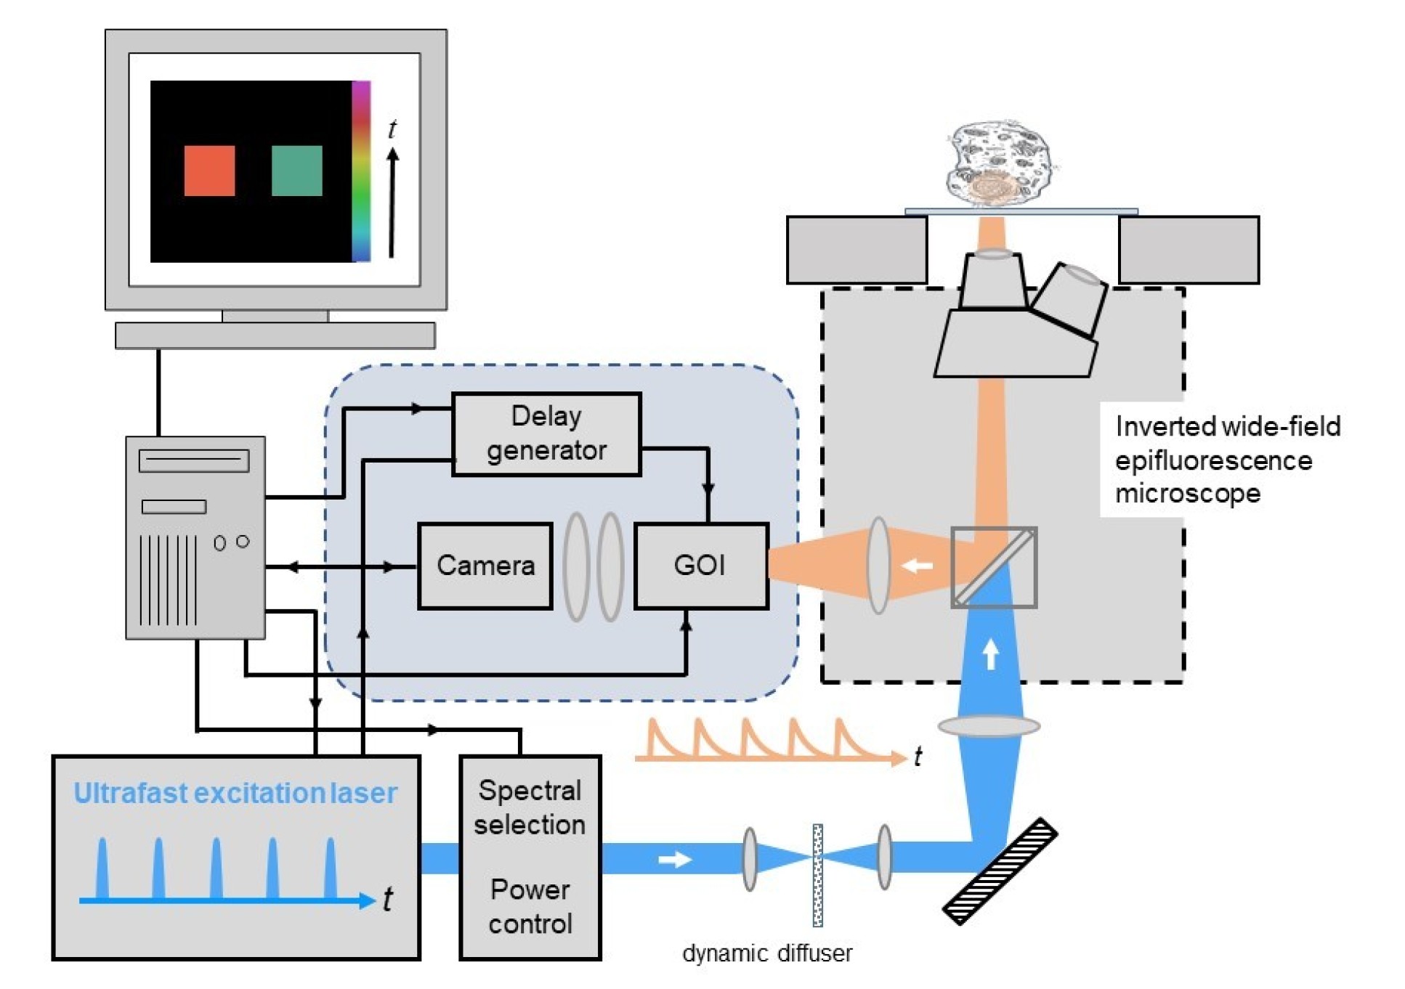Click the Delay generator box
[x=546, y=434]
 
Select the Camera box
[x=485, y=565]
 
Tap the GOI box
[x=700, y=565]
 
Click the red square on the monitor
[x=209, y=171]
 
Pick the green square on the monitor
[x=296, y=171]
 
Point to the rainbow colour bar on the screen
[x=361, y=171]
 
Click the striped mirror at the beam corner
[x=1000, y=871]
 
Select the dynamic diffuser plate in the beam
[x=817, y=875]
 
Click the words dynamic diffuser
[x=767, y=953]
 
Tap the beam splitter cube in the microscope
[x=994, y=567]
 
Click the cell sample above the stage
[x=1000, y=163]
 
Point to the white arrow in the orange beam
[x=917, y=565]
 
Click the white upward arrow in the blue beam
[x=990, y=654]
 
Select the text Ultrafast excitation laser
[x=235, y=793]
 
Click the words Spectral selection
[x=530, y=807]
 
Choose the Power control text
[x=530, y=906]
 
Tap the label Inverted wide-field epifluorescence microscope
[x=1226, y=459]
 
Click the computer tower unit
[x=195, y=537]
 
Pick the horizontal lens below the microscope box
[x=989, y=725]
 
